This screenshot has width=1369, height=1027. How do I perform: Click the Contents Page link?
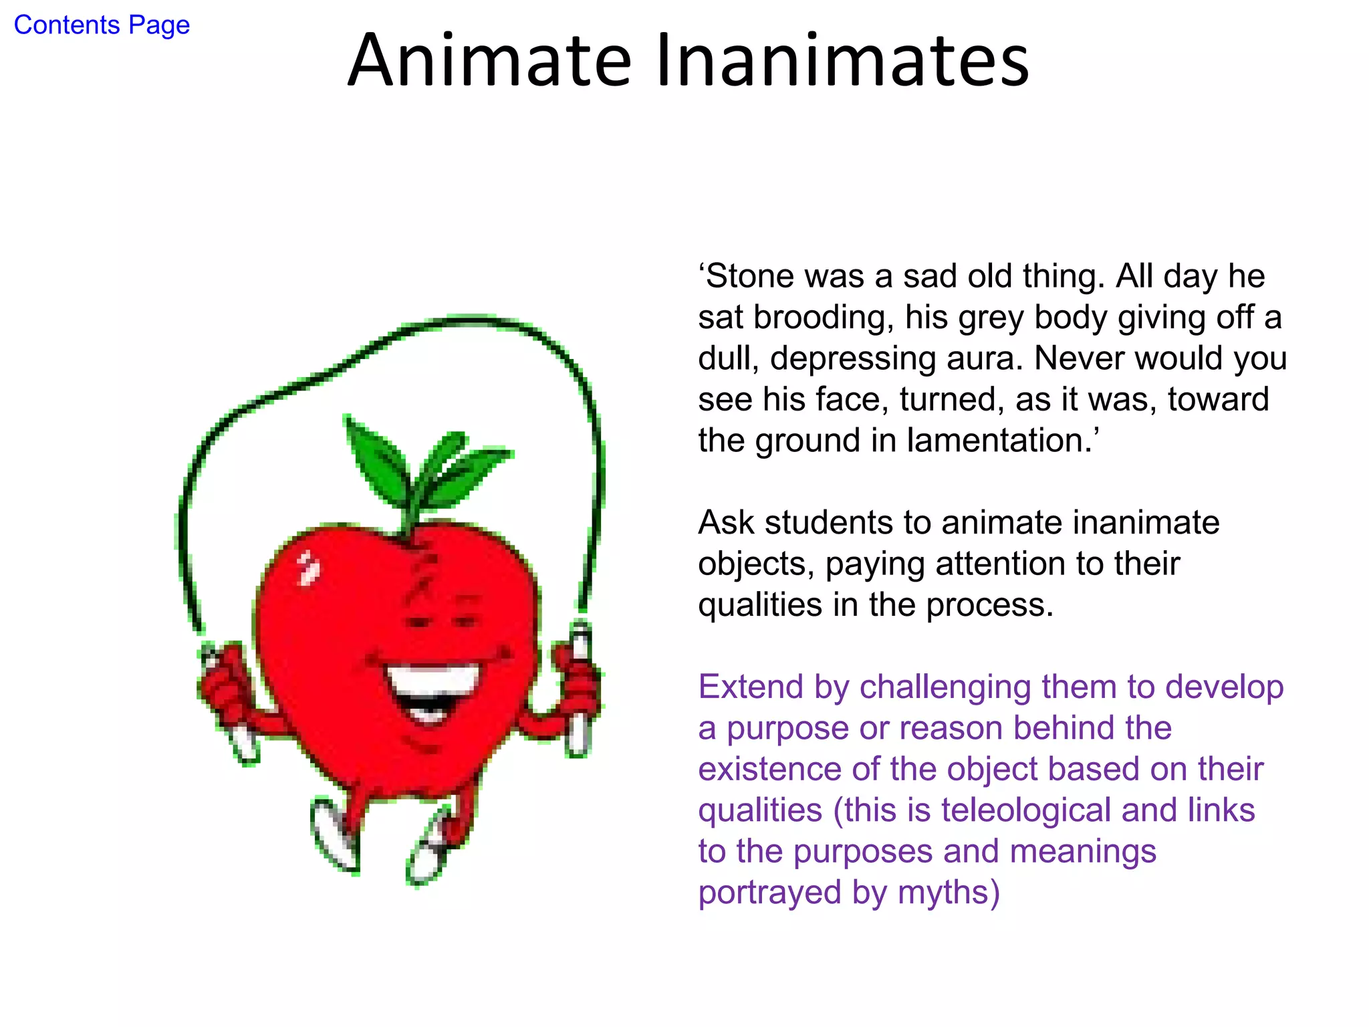(102, 25)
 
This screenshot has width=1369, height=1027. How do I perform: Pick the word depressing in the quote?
(858, 359)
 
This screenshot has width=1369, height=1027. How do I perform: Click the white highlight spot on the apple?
(308, 568)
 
